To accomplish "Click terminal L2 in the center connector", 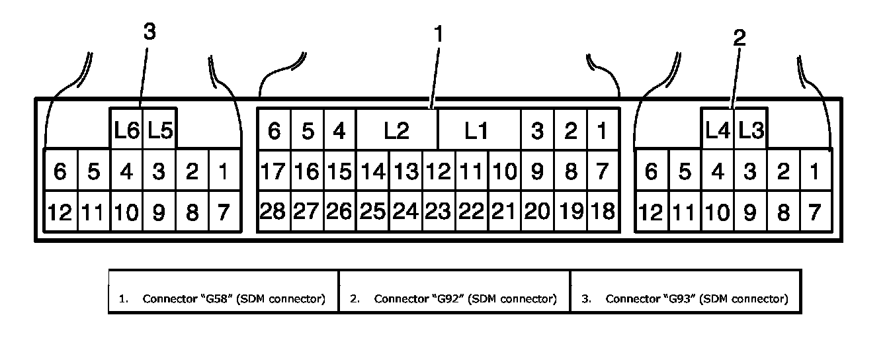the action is pyautogui.click(x=397, y=130).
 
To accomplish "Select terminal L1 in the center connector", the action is pyautogui.click(x=479, y=130).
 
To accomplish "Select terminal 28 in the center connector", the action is pyautogui.click(x=274, y=210).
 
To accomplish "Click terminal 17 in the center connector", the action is pyautogui.click(x=274, y=171).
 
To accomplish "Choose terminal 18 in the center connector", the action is pyautogui.click(x=603, y=210).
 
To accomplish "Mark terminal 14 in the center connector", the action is pyautogui.click(x=373, y=171).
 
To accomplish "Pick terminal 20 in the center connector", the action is pyautogui.click(x=537, y=210).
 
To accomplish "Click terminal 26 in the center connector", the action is pyautogui.click(x=340, y=210).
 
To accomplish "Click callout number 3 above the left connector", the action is pyautogui.click(x=149, y=31).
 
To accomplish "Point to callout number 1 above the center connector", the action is pyautogui.click(x=438, y=34).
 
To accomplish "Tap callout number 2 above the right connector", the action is pyautogui.click(x=739, y=38).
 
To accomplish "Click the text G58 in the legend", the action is pyautogui.click(x=217, y=298).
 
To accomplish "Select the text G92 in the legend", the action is pyautogui.click(x=448, y=298).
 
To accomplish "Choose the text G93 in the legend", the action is pyautogui.click(x=680, y=298).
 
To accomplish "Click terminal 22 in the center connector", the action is pyautogui.click(x=472, y=210).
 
